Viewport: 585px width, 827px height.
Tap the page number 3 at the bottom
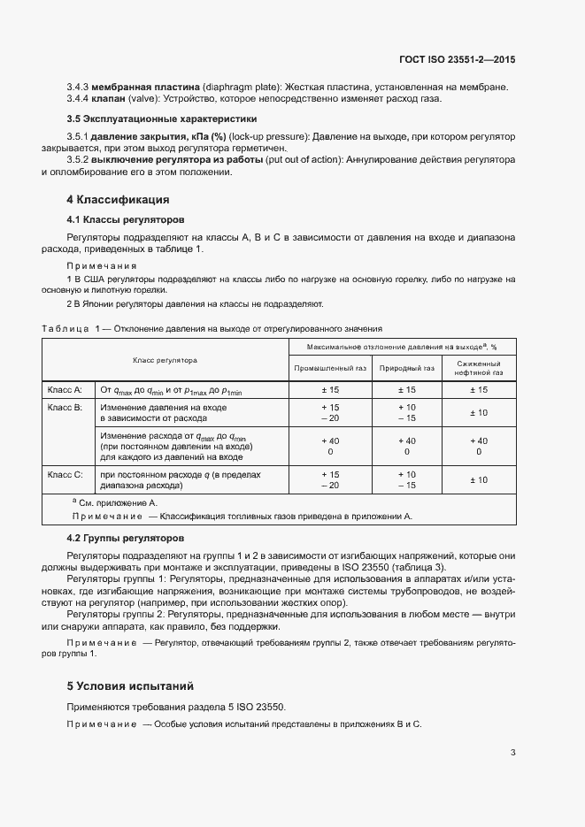513,754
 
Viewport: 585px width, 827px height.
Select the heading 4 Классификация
118,199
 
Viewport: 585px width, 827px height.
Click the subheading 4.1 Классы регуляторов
126,218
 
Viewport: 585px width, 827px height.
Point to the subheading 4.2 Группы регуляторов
126,538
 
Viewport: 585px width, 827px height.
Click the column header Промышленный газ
328,368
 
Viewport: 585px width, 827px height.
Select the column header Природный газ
406,368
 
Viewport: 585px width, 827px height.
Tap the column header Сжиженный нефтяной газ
479,368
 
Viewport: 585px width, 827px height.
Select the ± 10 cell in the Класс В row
479,412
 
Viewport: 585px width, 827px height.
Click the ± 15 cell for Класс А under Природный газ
406,389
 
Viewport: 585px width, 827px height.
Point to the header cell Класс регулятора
165,360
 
